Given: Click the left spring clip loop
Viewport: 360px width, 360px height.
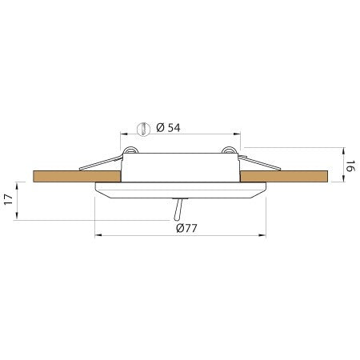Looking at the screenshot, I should coord(132,151).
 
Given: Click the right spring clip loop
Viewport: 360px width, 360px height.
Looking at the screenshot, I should coord(229,151).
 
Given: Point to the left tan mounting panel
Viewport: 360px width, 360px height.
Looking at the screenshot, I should coord(56,175).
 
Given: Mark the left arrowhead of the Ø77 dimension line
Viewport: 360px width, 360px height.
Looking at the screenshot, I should coord(98,235).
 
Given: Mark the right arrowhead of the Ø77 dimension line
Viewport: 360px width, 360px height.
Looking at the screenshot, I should coord(264,235).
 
